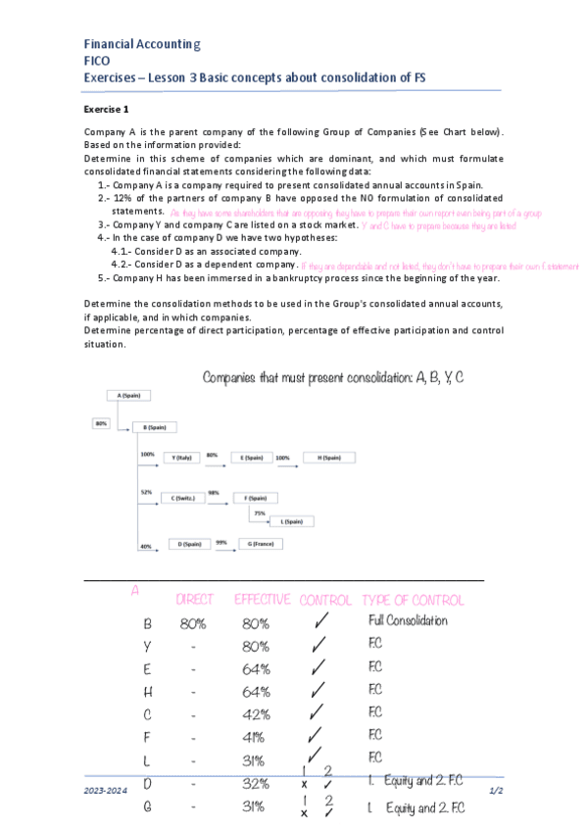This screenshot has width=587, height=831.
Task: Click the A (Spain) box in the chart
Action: point(128,396)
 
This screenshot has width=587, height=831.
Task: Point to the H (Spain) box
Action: point(327,457)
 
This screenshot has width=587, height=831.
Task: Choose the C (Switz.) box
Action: point(182,498)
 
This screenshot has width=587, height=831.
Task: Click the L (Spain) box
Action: point(291,521)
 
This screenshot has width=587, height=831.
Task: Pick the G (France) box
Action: point(259,543)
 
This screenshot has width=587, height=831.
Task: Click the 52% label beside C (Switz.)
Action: point(146,492)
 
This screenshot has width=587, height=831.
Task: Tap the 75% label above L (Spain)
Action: point(259,513)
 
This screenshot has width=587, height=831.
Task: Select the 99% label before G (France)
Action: point(221,541)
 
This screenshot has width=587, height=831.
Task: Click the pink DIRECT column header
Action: point(193,599)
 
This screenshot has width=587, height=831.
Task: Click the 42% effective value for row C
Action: point(255,712)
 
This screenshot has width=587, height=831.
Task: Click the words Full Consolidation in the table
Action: point(408,621)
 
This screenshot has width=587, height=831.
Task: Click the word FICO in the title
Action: point(97,60)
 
